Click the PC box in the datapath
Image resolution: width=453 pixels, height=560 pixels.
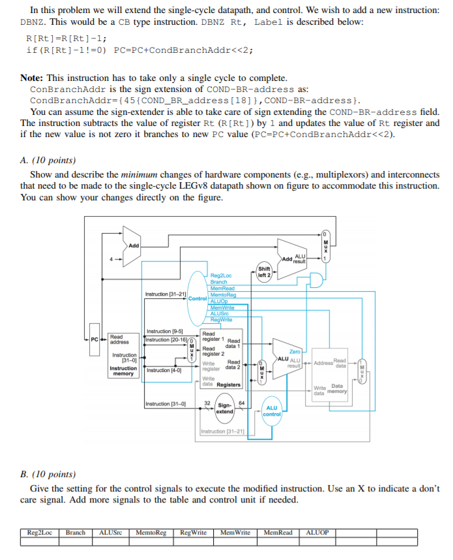[95, 339]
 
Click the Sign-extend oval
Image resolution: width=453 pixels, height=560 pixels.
[225, 409]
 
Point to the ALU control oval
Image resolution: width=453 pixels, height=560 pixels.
[272, 411]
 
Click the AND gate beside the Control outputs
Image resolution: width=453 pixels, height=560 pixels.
[315, 281]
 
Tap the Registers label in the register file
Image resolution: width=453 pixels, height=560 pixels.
[228, 384]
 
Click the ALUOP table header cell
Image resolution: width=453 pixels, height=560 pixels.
[317, 532]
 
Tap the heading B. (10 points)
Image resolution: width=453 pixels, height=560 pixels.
[49, 474]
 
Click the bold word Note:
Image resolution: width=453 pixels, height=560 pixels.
[33, 78]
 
